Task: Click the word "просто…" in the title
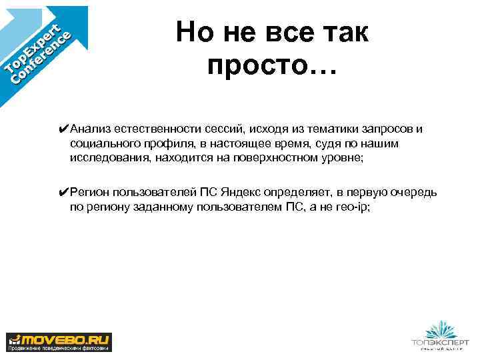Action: coord(273,65)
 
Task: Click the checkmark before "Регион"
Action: coord(63,192)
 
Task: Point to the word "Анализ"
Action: coord(90,128)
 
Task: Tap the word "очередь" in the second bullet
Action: coord(414,193)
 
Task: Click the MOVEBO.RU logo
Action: coord(59,341)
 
